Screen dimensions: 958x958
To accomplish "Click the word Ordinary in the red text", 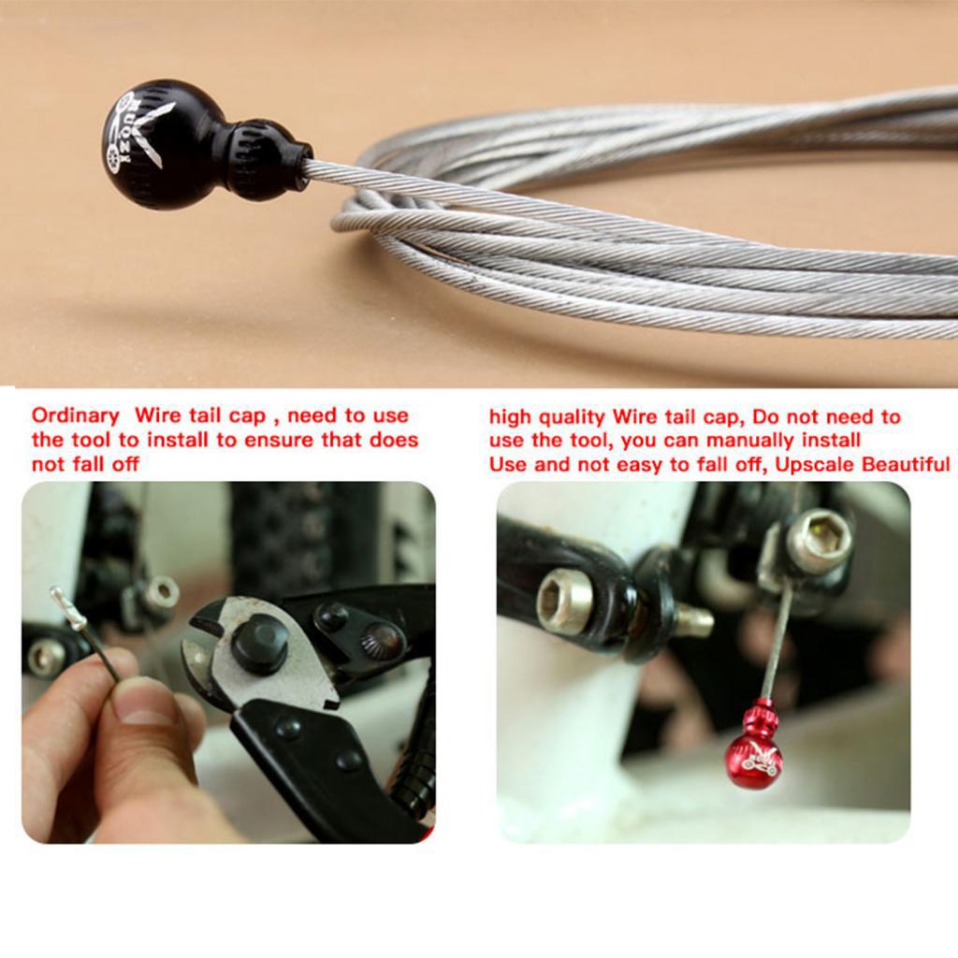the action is pyautogui.click(x=75, y=416).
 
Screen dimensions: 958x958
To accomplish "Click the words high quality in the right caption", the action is pyautogui.click(x=546, y=418).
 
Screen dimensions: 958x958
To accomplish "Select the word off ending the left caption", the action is pyautogui.click(x=125, y=464).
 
